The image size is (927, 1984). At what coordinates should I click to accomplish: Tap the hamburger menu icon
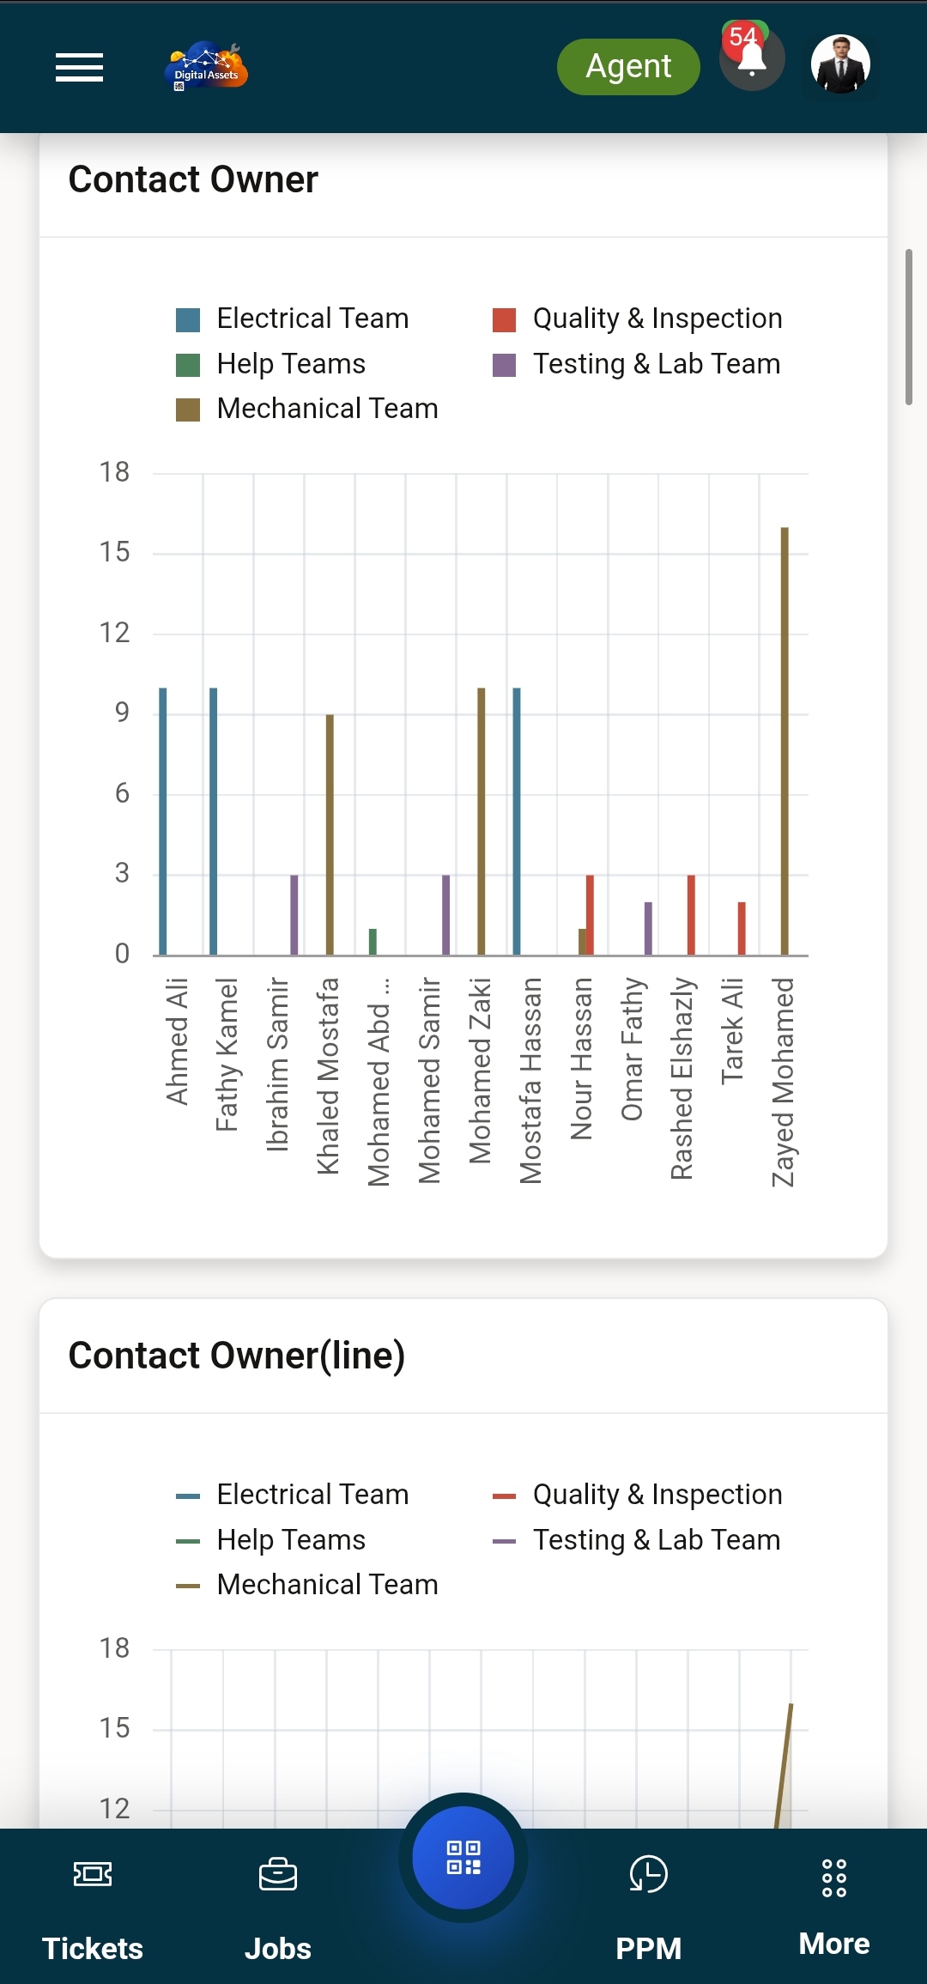point(79,67)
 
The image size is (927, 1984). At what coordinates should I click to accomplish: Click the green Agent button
point(628,67)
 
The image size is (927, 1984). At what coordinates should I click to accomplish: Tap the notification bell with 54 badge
point(752,60)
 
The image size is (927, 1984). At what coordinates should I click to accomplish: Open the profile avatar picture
point(840,64)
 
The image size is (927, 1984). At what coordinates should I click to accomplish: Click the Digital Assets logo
point(206,67)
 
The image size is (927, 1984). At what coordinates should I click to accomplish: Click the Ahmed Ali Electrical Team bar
point(163,821)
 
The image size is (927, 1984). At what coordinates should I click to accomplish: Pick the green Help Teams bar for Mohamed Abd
point(373,942)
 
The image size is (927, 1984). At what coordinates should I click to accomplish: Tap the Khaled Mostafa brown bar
point(330,834)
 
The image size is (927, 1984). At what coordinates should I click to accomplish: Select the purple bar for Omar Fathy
point(648,928)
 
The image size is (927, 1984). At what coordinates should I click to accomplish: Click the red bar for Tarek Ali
point(742,928)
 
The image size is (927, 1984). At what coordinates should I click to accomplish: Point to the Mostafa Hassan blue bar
point(517,821)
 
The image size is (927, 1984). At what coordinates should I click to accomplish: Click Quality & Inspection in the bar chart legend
point(657,319)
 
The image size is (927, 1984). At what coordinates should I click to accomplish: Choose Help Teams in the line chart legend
point(291,1540)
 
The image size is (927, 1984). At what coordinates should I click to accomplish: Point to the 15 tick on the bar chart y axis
point(114,552)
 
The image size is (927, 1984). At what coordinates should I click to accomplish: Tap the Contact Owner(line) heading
point(237,1356)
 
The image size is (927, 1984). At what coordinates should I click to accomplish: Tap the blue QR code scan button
point(463,1858)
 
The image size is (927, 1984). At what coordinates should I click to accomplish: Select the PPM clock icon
point(648,1874)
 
